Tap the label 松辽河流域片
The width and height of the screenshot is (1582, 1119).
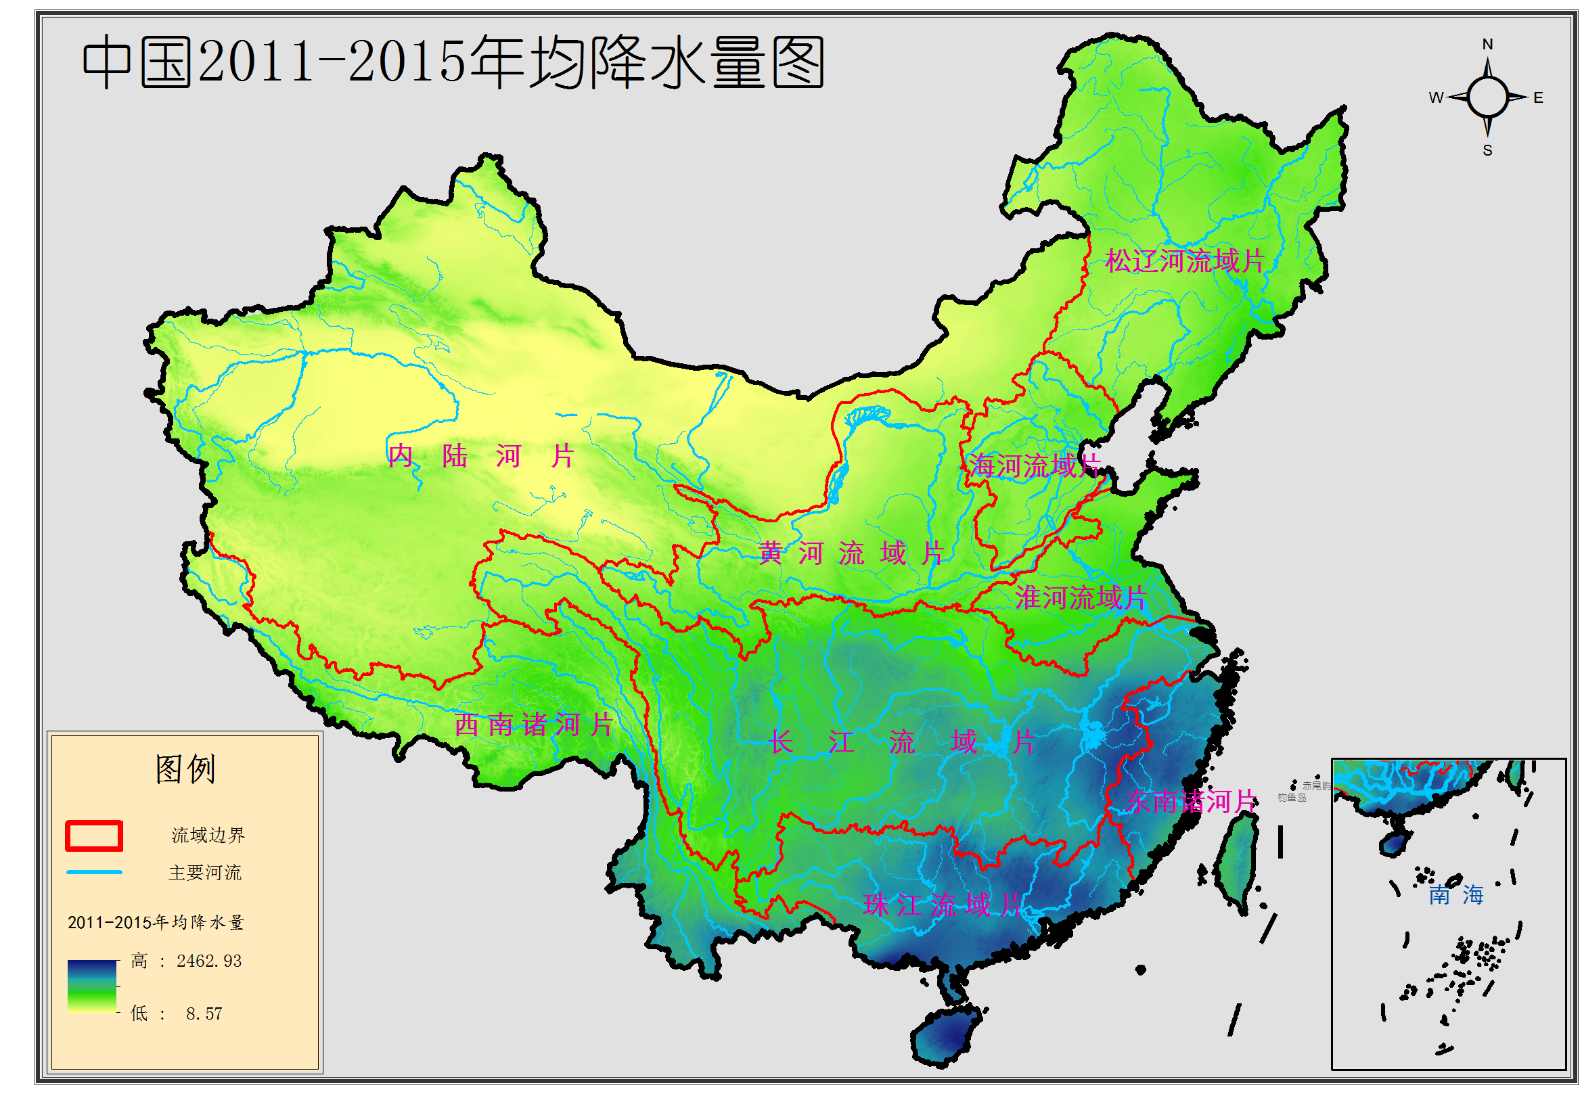[1183, 261]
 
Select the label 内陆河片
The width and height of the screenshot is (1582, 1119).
[480, 455]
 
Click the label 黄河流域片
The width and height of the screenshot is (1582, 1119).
[851, 553]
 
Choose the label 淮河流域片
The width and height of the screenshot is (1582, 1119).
[1080, 597]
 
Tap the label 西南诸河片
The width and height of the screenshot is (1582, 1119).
[533, 725]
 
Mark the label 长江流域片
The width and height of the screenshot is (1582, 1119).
[901, 743]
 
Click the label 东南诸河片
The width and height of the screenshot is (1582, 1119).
[1191, 801]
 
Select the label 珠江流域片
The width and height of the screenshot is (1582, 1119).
[941, 905]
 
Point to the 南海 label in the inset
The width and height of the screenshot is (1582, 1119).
[1455, 895]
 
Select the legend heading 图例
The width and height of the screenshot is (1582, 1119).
[185, 769]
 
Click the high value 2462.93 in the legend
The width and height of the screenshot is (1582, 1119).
[209, 961]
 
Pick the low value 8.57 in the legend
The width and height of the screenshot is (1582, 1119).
[204, 1013]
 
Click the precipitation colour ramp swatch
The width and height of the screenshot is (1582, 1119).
[91, 985]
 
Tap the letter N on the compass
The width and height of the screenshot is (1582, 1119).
[1487, 44]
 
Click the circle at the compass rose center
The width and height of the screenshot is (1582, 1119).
[1487, 97]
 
